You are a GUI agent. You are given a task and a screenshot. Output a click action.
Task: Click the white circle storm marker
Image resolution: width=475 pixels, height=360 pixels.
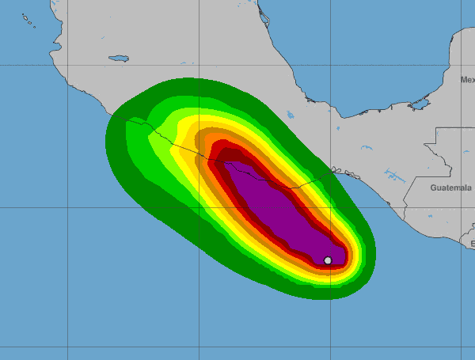click(328, 260)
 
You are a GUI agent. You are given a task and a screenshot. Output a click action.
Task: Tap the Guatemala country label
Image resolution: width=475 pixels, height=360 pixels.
click(451, 188)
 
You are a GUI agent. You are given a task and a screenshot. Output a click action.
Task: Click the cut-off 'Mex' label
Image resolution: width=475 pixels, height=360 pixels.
click(467, 80)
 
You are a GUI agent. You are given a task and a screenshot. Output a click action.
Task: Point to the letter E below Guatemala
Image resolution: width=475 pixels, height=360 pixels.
click(472, 245)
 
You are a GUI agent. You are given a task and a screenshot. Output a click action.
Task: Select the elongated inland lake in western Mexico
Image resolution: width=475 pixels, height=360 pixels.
click(119, 58)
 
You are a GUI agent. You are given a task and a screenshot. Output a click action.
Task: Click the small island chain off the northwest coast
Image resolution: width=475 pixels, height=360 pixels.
click(28, 19)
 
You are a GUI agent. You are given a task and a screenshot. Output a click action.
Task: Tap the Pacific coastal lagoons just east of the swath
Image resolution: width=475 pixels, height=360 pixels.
click(336, 169)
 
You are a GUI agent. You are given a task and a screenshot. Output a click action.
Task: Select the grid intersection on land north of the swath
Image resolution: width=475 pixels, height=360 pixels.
click(199, 64)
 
